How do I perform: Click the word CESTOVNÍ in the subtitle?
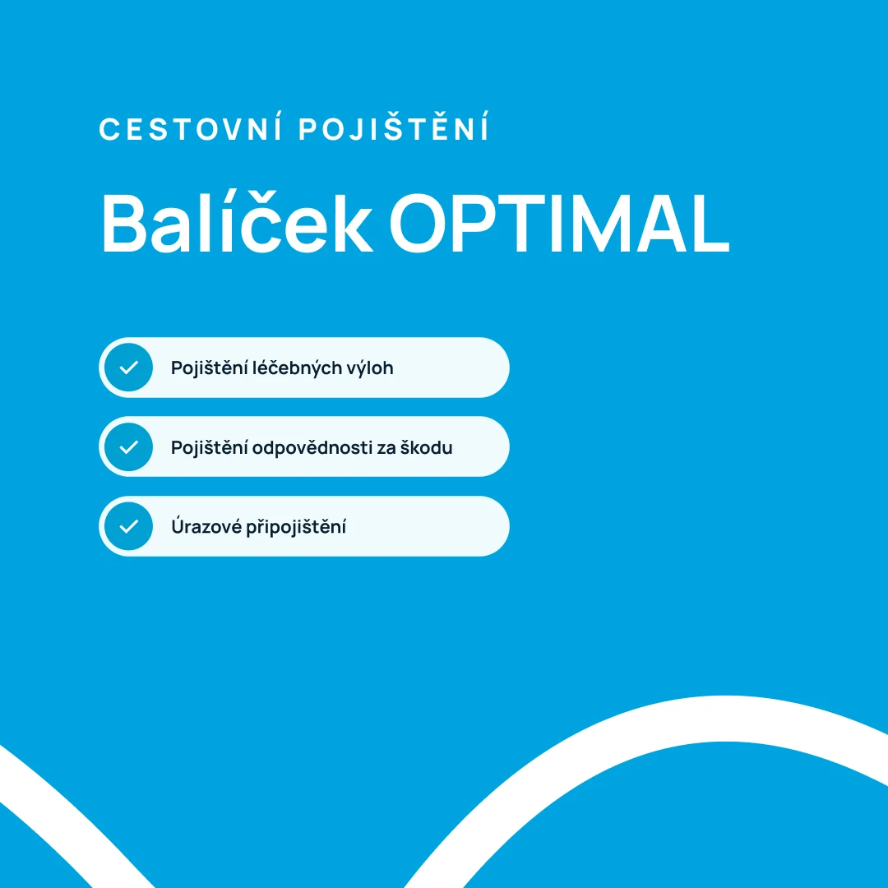point(191,130)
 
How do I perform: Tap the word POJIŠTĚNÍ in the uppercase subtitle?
point(394,130)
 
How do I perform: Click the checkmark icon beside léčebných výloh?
point(129,368)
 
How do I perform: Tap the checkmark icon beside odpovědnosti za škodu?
point(129,447)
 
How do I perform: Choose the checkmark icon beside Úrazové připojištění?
point(129,526)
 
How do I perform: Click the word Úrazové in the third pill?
point(206,526)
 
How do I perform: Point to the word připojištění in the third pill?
point(296,527)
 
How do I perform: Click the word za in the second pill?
point(386,449)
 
